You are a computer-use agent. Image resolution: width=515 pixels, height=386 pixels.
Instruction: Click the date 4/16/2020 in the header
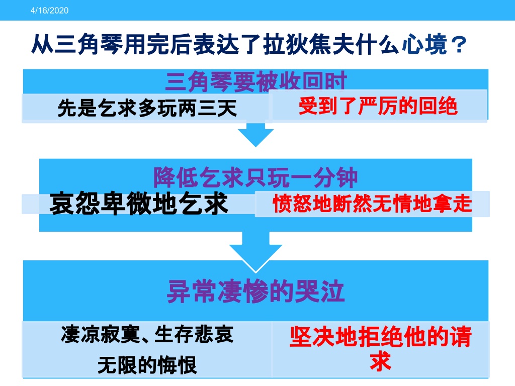click(49, 11)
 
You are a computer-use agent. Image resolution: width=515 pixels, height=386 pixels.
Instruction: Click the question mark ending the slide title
click(459, 45)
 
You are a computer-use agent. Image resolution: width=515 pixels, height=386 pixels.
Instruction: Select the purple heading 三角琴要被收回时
click(256, 81)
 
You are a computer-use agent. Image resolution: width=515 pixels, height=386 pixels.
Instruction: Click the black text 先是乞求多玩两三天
click(147, 108)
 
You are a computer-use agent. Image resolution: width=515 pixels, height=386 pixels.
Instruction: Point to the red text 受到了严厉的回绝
click(378, 106)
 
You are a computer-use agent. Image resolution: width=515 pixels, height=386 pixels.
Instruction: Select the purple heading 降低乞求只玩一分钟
click(255, 177)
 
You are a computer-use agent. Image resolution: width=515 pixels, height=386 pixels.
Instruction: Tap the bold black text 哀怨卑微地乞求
click(139, 204)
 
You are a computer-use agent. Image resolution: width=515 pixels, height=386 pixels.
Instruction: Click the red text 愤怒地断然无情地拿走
click(373, 204)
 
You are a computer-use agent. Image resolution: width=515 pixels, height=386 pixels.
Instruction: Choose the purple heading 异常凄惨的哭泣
click(256, 292)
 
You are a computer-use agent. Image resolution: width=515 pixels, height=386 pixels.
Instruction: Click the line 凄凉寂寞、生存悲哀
click(147, 334)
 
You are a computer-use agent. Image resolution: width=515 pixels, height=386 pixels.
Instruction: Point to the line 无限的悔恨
click(147, 365)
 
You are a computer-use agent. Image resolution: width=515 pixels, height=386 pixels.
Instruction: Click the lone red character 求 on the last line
click(380, 361)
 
